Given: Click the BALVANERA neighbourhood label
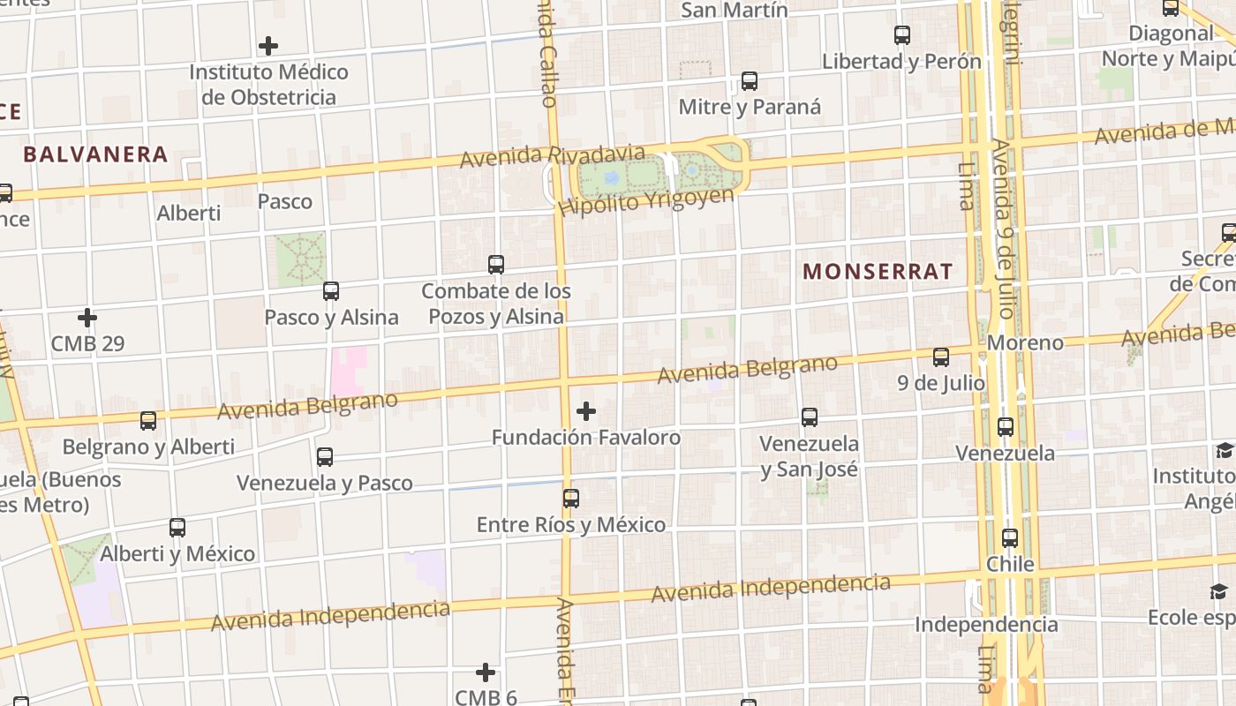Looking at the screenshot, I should coord(95,154).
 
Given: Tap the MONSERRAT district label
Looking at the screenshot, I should coord(878,271).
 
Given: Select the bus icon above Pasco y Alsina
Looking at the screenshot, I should coord(331,290).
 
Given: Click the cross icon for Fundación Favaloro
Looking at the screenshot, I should coord(586,411).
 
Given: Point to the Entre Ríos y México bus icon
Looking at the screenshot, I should coord(571,499).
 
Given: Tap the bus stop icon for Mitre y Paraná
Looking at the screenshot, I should coord(750,81).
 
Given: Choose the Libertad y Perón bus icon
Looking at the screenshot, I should coord(902,35).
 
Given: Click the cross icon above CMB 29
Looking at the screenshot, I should coord(87,317).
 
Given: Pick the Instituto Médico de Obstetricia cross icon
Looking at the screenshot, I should coord(268,46).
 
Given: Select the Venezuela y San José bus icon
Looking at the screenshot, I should coord(810,417).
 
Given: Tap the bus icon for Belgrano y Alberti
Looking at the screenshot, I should coord(148,421).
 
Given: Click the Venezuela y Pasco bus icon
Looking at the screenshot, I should coord(325,457).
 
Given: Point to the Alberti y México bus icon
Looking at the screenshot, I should coord(177,528).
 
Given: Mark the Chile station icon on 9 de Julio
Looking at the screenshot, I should coord(1010,537).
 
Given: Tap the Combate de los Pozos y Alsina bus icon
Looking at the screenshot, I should coord(496,264).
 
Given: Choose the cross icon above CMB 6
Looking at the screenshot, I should coord(486,672).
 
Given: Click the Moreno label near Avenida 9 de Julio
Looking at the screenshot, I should coord(1025,342).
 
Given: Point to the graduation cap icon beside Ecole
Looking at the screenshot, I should coord(1218,591).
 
